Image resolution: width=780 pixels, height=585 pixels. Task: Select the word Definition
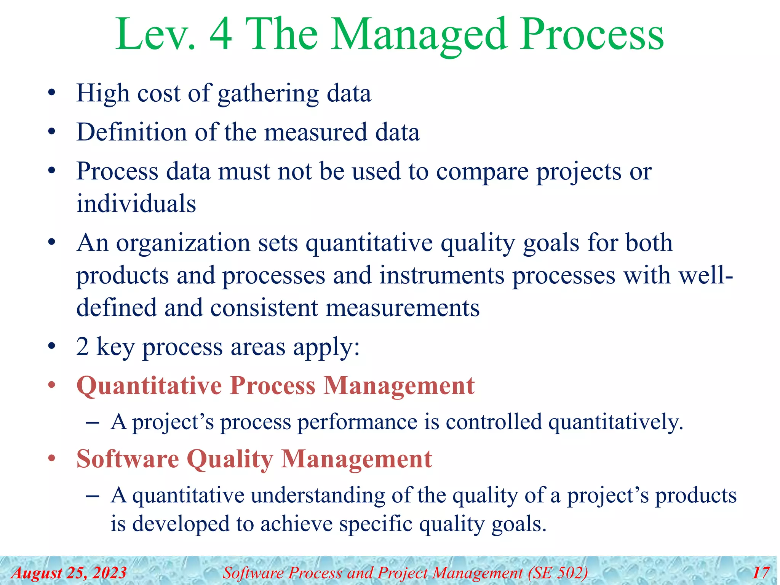point(132,132)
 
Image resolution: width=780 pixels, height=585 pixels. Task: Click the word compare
point(482,172)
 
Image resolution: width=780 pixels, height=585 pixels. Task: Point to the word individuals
point(136,203)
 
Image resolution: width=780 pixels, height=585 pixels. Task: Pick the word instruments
point(442,275)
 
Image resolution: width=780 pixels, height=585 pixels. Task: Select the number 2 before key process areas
point(82,347)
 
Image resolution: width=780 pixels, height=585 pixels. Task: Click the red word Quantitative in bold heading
point(149,386)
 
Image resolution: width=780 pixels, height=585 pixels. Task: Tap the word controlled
point(494,422)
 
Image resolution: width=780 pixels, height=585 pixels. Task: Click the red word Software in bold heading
point(128,459)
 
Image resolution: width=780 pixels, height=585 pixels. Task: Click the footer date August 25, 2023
point(69,573)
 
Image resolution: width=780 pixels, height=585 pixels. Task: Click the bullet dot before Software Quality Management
point(52,459)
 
